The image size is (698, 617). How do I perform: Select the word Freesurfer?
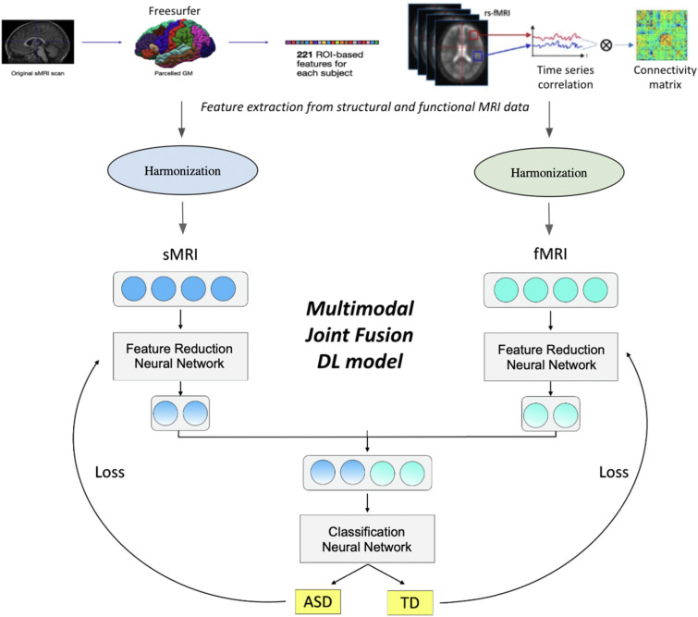point(174,11)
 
